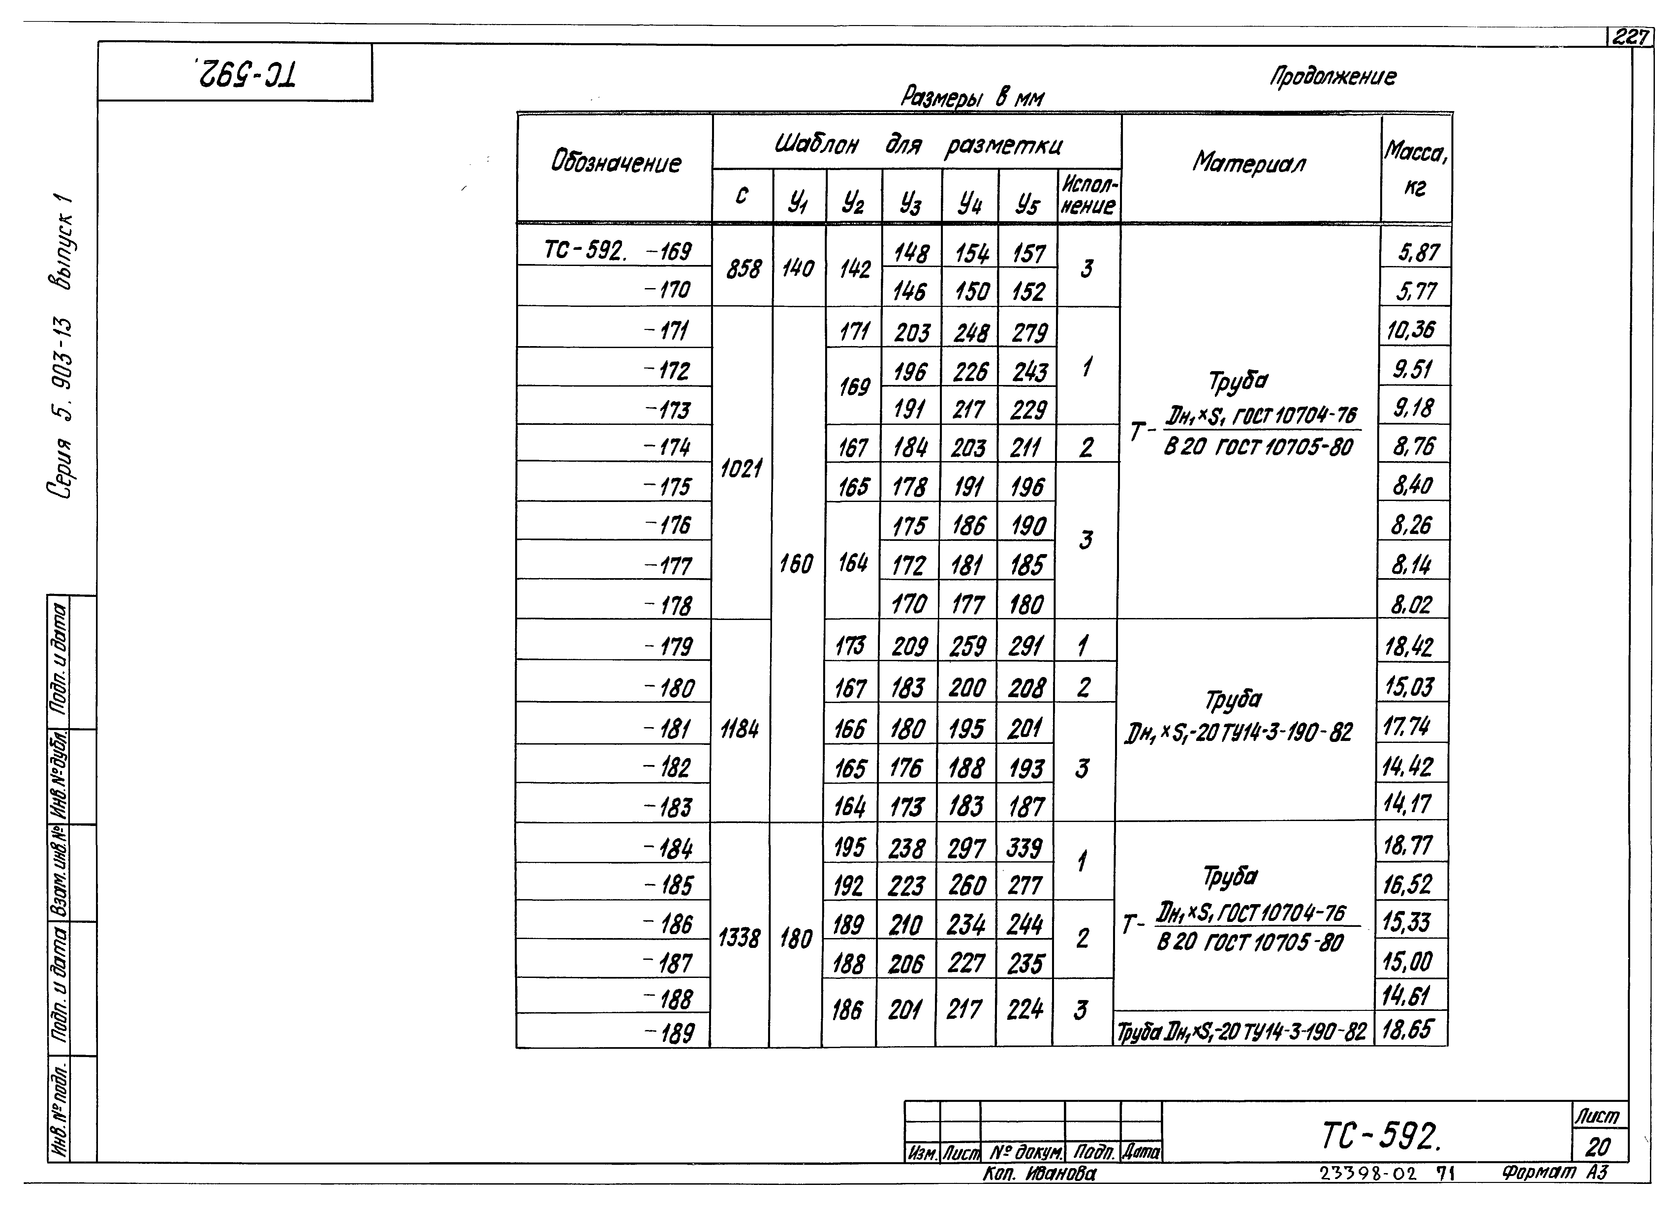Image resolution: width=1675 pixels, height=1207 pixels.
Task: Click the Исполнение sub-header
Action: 1089,196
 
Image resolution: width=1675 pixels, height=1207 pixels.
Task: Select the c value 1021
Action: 741,468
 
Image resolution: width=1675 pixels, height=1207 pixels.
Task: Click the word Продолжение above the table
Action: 1332,77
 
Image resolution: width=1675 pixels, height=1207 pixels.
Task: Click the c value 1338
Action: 738,938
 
